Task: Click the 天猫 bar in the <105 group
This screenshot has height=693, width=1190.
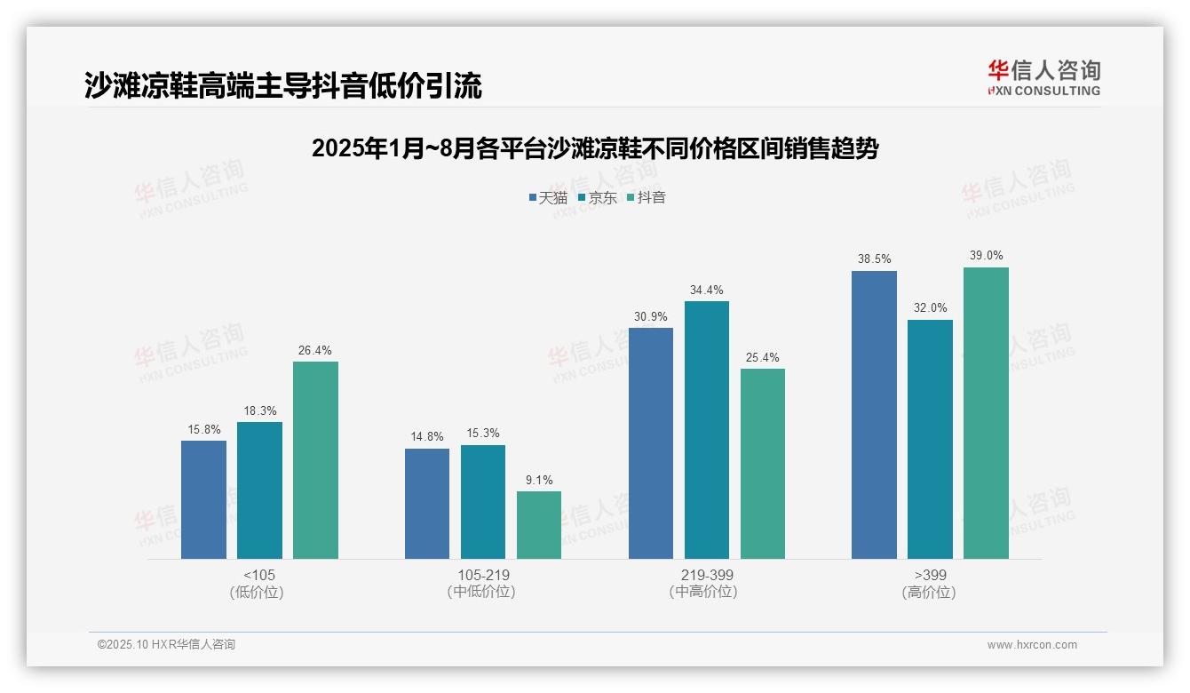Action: pyautogui.click(x=203, y=499)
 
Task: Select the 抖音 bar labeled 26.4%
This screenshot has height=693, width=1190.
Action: pyautogui.click(x=315, y=460)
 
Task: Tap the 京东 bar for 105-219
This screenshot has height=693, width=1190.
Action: pyautogui.click(x=483, y=502)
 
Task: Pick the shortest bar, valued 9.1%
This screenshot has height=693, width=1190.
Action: pyautogui.click(x=539, y=525)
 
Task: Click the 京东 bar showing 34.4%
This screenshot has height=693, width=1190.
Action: pyautogui.click(x=707, y=430)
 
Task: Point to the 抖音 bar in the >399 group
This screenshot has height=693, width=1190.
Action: pyautogui.click(x=986, y=413)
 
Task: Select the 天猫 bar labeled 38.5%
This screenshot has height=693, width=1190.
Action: pyautogui.click(x=874, y=415)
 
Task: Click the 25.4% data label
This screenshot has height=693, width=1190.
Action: pyautogui.click(x=763, y=358)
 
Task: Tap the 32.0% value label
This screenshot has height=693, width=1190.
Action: pyautogui.click(x=930, y=308)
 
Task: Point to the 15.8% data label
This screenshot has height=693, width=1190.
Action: pyautogui.click(x=203, y=430)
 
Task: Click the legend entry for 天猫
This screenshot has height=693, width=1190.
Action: pyautogui.click(x=548, y=197)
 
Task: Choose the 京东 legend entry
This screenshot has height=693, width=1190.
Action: pyautogui.click(x=598, y=197)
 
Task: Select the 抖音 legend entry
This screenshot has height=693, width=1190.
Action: pyautogui.click(x=647, y=197)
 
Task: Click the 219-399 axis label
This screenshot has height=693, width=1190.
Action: pyautogui.click(x=707, y=576)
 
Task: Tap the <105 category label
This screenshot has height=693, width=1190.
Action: pyautogui.click(x=259, y=576)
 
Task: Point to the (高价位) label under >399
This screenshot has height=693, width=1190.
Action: pyautogui.click(x=930, y=593)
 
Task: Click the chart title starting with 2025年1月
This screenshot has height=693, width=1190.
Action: pyautogui.click(x=595, y=149)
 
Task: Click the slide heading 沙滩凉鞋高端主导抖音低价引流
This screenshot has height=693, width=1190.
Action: pyautogui.click(x=283, y=86)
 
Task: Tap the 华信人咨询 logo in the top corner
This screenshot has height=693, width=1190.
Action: pyautogui.click(x=1043, y=77)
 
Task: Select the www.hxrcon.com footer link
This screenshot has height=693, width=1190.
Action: pyautogui.click(x=1032, y=645)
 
